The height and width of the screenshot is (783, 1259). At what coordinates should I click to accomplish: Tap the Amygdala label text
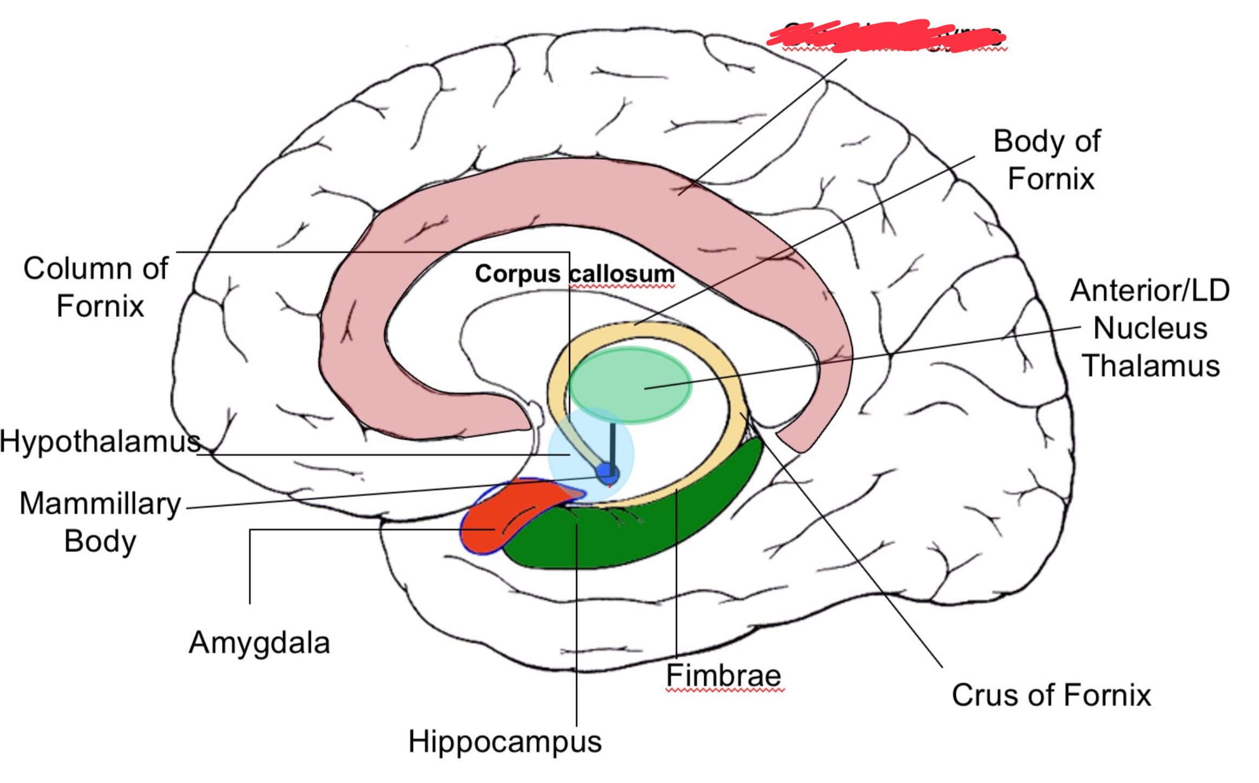[x=259, y=643]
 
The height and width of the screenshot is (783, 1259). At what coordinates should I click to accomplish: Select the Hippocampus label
[x=504, y=741]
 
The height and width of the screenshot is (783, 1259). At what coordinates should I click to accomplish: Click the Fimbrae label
[x=723, y=675]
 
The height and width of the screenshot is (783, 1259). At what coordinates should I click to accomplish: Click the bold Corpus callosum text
[x=575, y=274]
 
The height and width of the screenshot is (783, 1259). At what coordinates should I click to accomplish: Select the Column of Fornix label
[x=96, y=287]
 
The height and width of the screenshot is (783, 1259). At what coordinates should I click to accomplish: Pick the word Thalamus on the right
[x=1151, y=366]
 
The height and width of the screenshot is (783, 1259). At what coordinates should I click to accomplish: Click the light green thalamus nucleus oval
[x=631, y=384]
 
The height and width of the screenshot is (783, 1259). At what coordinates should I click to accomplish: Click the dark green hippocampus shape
[x=639, y=536]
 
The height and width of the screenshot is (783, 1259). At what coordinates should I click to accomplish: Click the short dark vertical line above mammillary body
[x=612, y=444]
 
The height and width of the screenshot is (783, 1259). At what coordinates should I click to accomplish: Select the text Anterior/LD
[x=1150, y=290]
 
